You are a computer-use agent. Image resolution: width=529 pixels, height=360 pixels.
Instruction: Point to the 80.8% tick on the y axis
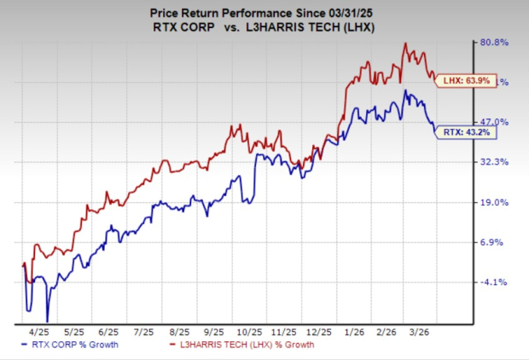(x=497, y=42)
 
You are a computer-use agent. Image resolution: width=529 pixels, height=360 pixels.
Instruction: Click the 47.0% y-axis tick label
(x=497, y=122)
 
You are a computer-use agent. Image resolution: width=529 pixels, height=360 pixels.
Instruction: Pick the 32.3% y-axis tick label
(x=497, y=161)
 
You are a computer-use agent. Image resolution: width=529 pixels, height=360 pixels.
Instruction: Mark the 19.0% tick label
(x=497, y=202)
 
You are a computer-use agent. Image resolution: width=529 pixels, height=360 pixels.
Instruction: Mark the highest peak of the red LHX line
(x=404, y=44)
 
